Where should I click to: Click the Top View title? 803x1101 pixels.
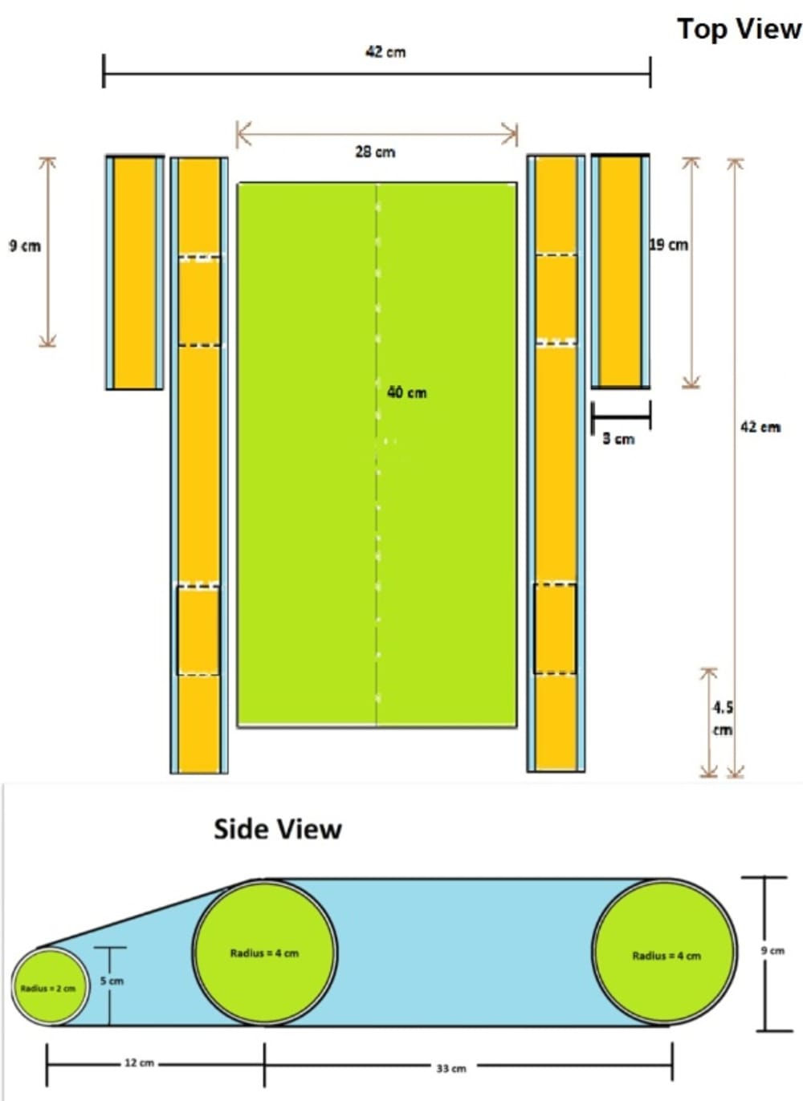(x=739, y=29)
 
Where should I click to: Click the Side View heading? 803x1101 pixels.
(x=277, y=829)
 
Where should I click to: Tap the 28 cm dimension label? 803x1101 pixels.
(x=375, y=152)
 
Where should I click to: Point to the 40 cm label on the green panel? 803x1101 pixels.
(x=406, y=392)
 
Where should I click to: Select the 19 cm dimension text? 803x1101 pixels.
(x=669, y=245)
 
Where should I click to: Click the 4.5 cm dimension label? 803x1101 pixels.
(x=723, y=718)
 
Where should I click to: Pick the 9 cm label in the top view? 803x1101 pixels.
(x=25, y=246)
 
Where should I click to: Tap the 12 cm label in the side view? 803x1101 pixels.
(x=139, y=1062)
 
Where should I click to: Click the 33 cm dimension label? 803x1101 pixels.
(x=451, y=1068)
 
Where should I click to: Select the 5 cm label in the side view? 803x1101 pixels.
(x=112, y=981)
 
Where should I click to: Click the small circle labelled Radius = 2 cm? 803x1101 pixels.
(x=48, y=987)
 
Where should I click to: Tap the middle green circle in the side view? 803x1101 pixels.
(x=264, y=953)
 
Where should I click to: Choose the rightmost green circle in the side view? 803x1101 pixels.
(x=666, y=955)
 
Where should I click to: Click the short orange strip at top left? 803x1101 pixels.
(x=135, y=273)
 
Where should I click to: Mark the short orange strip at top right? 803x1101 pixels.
(x=621, y=272)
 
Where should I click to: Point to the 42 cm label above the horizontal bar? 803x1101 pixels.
(x=385, y=52)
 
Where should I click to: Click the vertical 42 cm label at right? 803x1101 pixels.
(x=760, y=427)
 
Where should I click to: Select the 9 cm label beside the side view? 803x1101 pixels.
(x=772, y=950)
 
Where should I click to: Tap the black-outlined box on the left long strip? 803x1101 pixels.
(x=198, y=631)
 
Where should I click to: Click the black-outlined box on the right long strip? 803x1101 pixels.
(x=555, y=629)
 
